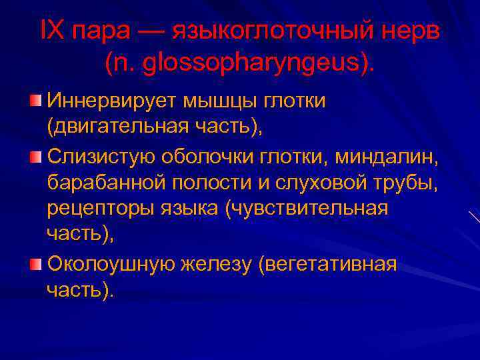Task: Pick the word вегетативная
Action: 331,265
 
